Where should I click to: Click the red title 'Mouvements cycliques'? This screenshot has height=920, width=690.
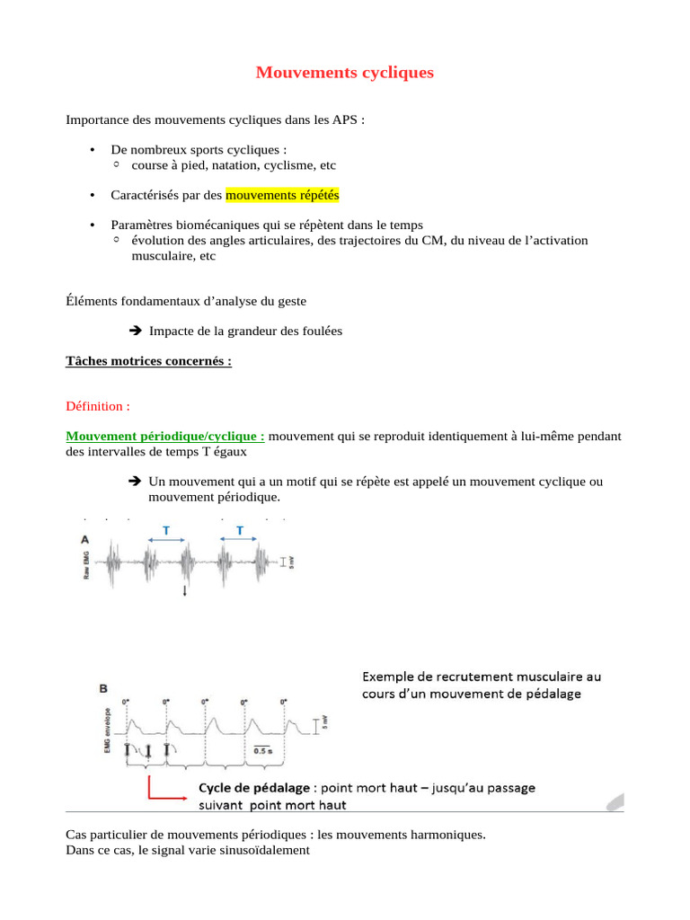pyautogui.click(x=344, y=72)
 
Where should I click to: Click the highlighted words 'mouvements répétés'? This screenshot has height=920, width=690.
pyautogui.click(x=282, y=195)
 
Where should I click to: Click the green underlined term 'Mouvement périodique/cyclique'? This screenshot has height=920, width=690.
pyautogui.click(x=165, y=436)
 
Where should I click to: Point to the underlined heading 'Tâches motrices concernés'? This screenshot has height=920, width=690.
pyautogui.click(x=149, y=361)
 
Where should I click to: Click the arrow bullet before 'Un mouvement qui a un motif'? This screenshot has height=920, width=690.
pyautogui.click(x=137, y=482)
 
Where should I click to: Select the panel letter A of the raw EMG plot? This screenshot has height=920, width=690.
pyautogui.click(x=84, y=540)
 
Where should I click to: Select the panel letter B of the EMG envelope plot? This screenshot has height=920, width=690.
pyautogui.click(x=103, y=688)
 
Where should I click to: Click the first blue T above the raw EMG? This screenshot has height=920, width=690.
pyautogui.click(x=166, y=531)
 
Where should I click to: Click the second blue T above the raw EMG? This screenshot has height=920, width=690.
pyautogui.click(x=240, y=531)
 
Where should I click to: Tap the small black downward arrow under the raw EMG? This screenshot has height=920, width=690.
pyautogui.click(x=185, y=590)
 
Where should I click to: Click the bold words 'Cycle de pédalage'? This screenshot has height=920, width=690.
pyautogui.click(x=254, y=788)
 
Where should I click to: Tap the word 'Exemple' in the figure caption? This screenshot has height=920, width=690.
pyautogui.click(x=389, y=676)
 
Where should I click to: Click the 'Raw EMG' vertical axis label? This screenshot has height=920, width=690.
pyautogui.click(x=87, y=564)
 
